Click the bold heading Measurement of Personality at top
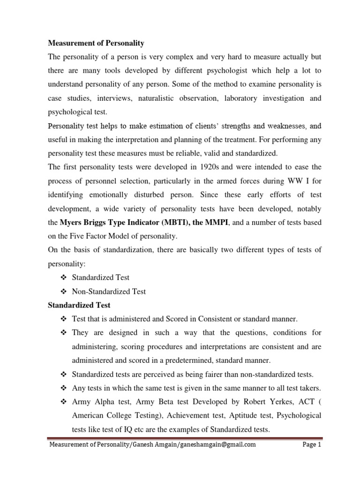pos(97,43)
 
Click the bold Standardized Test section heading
pos(80,305)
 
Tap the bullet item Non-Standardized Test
pos(109,292)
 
